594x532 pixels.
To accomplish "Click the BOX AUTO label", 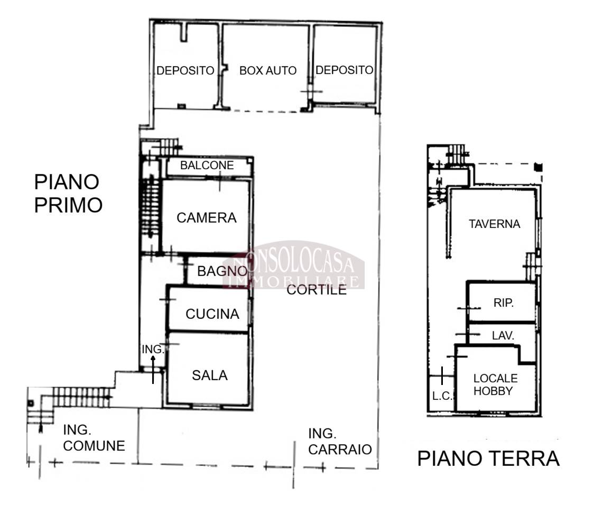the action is pos(268,70).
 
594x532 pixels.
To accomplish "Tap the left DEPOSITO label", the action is pos(185,70).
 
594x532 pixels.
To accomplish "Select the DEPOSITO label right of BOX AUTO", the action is pos(345,70).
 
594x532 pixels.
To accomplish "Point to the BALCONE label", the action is pos(207,166).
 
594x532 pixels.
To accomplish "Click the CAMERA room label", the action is pos(207,218).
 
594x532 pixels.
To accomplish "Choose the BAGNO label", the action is pos(222,271).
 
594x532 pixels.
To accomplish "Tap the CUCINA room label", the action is pos(212,314).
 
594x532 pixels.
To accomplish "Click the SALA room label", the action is pos(210,375).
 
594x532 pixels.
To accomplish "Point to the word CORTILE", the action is pos(317,290).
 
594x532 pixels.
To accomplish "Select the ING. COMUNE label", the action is pos(94,438).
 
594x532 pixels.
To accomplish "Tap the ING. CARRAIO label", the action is pos(340,442).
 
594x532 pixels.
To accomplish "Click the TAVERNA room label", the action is pos(494,224).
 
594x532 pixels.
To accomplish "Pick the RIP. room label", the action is pos(504,303).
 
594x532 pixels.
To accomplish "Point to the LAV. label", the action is pos(503,336).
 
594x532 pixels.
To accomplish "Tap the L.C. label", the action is pos(442,396).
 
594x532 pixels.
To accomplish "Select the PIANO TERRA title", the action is pos(488,458).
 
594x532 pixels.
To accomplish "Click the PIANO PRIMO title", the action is pos(68,194).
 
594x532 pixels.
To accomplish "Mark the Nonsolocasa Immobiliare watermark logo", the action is pos(294,265).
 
